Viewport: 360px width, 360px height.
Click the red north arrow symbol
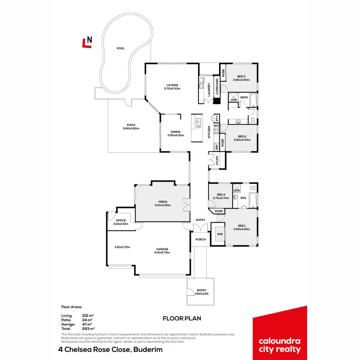coord(87,42)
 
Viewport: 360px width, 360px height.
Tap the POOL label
coord(121,48)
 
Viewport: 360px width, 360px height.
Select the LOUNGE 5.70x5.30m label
coord(172,87)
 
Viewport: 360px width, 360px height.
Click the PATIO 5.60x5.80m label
coord(131,127)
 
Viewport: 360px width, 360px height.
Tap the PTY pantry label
coord(217,118)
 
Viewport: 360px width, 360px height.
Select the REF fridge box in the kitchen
coord(217,146)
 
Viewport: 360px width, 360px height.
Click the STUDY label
coord(217,161)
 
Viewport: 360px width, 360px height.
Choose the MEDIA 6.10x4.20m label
coord(163,203)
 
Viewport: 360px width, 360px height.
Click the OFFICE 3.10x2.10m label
coord(121,222)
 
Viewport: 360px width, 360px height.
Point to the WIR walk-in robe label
coord(220,234)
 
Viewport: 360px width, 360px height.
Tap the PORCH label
coord(200,240)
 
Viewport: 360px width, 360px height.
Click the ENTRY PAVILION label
coord(202,292)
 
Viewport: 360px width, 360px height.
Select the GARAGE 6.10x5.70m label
coord(163,251)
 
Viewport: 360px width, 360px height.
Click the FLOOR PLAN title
coord(182,318)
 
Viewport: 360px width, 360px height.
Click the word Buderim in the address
coord(148,350)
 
